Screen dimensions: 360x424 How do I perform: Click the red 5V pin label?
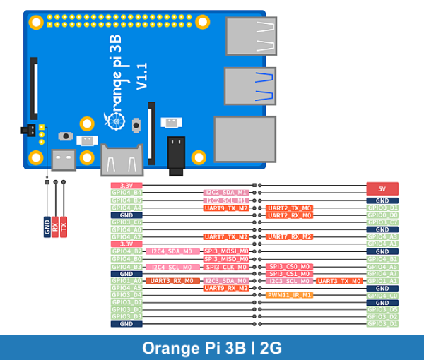[x=382, y=188]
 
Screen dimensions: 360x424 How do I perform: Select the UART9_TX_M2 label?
[x=226, y=208]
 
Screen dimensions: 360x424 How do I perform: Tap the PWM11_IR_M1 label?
[x=289, y=295]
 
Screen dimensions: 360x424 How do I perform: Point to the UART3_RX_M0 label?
[x=170, y=281]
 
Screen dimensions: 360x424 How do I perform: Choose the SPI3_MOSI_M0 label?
[x=226, y=251]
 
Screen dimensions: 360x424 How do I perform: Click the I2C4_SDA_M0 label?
[x=170, y=251]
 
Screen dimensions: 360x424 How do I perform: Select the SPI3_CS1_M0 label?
[x=289, y=273]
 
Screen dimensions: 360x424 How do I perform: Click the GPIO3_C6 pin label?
[x=126, y=222]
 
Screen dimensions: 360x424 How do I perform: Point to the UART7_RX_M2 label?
[x=289, y=237]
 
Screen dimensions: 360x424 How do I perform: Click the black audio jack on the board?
[x=176, y=155]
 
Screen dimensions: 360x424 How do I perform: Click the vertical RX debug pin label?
[x=55, y=228]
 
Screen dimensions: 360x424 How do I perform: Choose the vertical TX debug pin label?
[x=64, y=228]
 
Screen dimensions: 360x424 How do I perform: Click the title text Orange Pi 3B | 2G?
[x=212, y=347]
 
